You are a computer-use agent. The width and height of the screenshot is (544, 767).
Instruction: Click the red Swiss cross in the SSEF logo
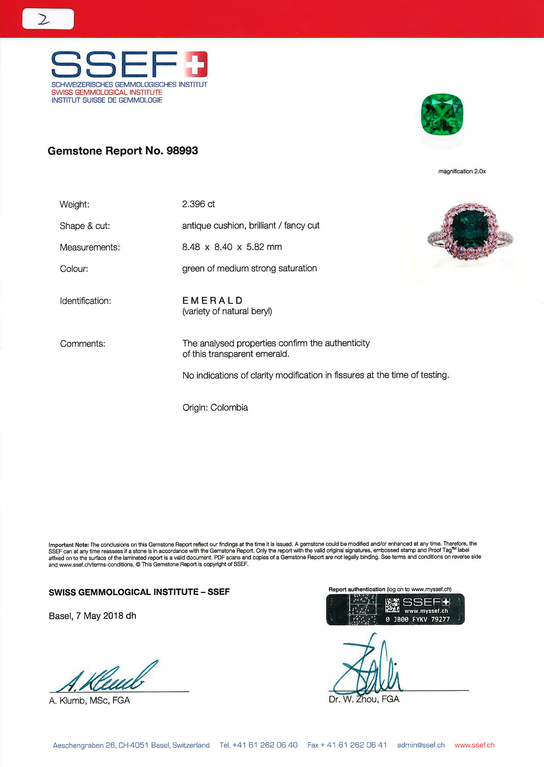(x=195, y=64)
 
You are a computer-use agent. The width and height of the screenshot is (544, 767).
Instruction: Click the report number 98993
(x=182, y=151)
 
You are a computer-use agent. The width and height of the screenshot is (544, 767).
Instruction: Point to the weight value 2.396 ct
(x=198, y=204)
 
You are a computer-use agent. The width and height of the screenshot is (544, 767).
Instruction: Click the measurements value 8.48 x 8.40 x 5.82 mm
(x=232, y=247)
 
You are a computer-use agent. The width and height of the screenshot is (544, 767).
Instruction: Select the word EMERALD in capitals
(x=213, y=301)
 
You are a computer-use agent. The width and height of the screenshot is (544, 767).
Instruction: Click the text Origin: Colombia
(x=215, y=407)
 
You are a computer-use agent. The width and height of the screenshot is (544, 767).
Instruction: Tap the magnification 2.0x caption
(x=462, y=171)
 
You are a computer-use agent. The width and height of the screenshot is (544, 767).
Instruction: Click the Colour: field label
(x=74, y=269)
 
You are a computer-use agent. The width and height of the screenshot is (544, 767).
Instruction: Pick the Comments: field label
(x=83, y=344)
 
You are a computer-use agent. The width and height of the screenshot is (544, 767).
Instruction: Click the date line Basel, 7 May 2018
(x=92, y=616)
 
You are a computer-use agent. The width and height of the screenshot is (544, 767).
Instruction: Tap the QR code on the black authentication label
(x=392, y=605)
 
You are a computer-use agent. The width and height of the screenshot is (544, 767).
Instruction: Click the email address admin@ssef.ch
(x=421, y=745)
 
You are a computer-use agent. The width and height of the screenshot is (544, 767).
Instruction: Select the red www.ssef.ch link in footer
(x=474, y=745)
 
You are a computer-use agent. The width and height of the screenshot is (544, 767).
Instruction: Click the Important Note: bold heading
(x=69, y=545)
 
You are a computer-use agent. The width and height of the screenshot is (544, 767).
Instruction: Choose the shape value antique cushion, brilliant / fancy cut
(x=251, y=226)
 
